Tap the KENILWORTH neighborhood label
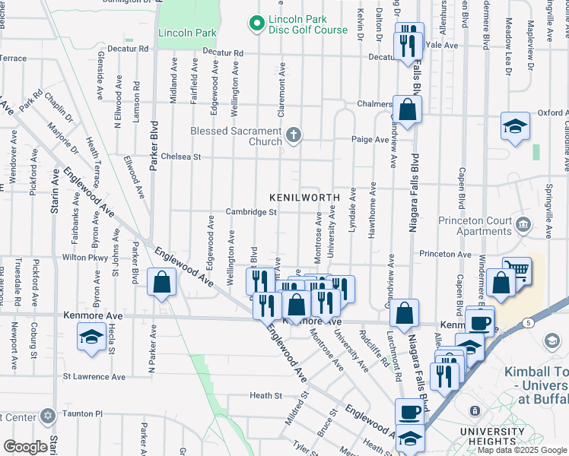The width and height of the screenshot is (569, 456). coord(304,198)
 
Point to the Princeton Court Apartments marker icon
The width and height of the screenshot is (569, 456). coord(523,224)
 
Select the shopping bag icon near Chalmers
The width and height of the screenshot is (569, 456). coord(408,110)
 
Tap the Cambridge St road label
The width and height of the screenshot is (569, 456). coord(250,212)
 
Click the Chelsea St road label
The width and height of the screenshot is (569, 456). coord(185,157)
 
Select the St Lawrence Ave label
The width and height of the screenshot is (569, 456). coord(94,376)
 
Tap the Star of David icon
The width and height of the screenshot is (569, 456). coord(48,416)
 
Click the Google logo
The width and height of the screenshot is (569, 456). coord(25,446)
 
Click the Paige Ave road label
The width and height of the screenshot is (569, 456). coord(370,139)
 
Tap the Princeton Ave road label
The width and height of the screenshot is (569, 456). coord(444,254)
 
